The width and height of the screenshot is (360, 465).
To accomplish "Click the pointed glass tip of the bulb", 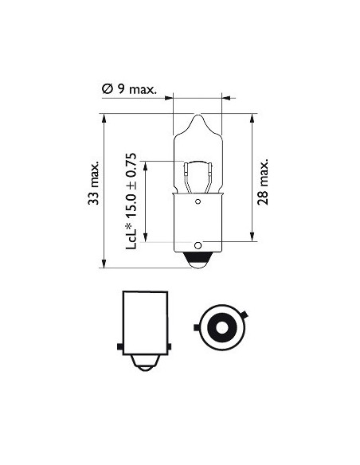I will tap(198, 118).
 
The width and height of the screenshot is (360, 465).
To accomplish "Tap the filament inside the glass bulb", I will tap(197, 171).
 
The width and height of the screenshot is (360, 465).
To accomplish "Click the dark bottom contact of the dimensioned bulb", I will tap(198, 259).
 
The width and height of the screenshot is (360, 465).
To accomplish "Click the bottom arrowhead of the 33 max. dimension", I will tap(104, 265).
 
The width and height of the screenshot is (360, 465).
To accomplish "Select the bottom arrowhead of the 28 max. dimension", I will tap(252, 237).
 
